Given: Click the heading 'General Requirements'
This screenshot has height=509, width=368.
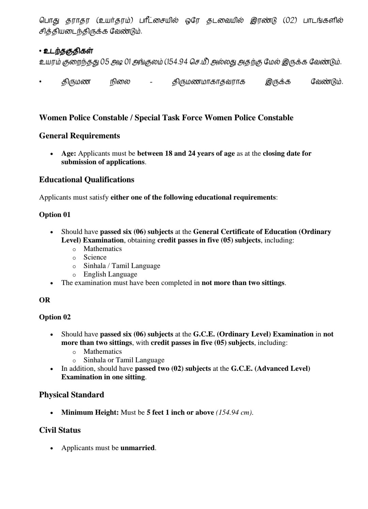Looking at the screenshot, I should [79, 136].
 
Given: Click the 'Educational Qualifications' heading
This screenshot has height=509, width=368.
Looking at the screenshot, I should [87, 180].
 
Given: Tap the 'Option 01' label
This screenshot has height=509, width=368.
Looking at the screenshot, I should [55, 215].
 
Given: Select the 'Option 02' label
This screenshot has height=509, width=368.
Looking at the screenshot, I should [55, 317].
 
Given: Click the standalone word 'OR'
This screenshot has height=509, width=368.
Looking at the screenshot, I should [44, 300].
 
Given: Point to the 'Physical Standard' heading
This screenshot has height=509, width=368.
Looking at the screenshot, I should [72, 395].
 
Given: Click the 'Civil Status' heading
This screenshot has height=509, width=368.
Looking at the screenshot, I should [60, 430].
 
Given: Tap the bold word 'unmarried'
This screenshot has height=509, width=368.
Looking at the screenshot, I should [137, 448].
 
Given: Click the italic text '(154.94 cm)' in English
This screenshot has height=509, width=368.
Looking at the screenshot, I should [234, 413].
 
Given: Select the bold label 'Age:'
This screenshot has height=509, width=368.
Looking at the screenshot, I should [68, 154].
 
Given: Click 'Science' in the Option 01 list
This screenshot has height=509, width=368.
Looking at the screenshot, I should [95, 257].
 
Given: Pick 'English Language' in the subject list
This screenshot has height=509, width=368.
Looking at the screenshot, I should [110, 274].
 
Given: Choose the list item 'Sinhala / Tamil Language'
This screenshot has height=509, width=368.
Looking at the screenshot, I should [122, 266].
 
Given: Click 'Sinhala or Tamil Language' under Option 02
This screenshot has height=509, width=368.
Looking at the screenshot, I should [124, 360].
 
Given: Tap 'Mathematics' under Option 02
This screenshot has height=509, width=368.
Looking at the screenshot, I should [103, 352].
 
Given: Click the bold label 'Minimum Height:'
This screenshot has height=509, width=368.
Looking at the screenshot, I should [90, 413].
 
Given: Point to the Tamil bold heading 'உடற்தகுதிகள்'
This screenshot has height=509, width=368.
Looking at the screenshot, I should [68, 51].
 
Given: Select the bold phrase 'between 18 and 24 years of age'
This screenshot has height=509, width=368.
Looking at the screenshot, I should [186, 154].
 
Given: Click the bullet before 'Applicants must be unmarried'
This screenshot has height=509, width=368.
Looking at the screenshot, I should [51, 448].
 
